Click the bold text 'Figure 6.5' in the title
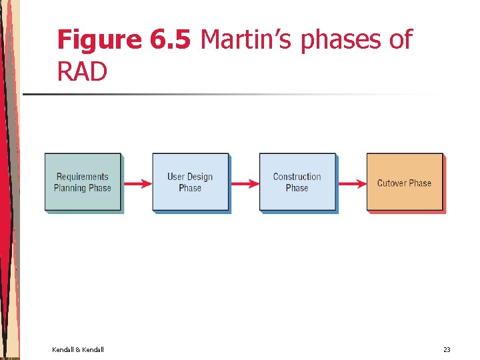(x=125, y=40)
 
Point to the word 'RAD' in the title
(x=82, y=72)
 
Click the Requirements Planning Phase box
(x=83, y=182)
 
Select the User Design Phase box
(x=190, y=182)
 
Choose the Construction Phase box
(x=297, y=182)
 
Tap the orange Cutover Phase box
(x=404, y=182)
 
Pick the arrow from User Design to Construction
(x=244, y=183)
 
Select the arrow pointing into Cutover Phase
(x=351, y=183)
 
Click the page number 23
(x=447, y=349)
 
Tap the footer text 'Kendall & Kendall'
(x=78, y=349)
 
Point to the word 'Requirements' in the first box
(x=82, y=177)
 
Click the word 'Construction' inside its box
(x=297, y=177)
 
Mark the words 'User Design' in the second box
(x=190, y=177)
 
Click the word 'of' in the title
(x=400, y=40)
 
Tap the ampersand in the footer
(x=78, y=349)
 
